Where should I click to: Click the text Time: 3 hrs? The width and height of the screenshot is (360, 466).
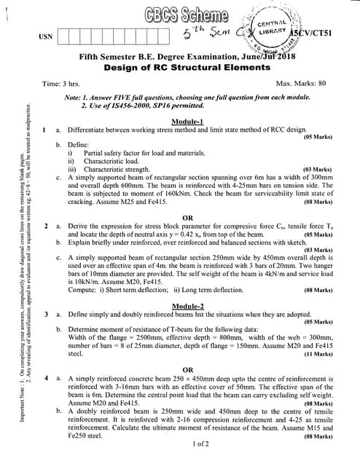coord(61,84)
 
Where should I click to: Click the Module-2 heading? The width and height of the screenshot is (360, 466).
coord(189,304)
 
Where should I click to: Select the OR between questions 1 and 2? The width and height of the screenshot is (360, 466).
coord(188,218)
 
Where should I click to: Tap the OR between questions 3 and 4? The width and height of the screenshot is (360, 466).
coord(188,369)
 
